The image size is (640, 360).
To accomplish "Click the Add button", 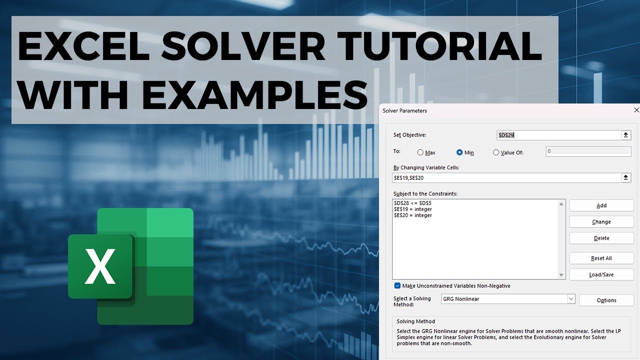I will (x=601, y=205).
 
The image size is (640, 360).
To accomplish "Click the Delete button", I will (x=601, y=238).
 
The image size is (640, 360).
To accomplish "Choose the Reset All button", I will (x=601, y=258).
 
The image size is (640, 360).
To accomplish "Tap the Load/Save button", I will (x=601, y=274).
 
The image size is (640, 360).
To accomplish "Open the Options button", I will (x=606, y=300).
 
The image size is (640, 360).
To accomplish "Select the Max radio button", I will (x=420, y=152).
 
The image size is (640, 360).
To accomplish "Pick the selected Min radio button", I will (x=459, y=152).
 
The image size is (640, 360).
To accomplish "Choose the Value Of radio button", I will (x=496, y=152).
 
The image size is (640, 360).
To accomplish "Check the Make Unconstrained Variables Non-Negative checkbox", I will (x=397, y=286).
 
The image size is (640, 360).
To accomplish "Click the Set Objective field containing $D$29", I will (x=557, y=135).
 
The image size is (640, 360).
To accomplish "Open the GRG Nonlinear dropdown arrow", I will (x=571, y=299).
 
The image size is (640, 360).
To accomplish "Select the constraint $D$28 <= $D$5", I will (x=412, y=203).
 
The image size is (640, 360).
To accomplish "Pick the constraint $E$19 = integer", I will (x=413, y=209).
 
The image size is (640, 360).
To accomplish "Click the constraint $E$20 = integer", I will (x=413, y=215).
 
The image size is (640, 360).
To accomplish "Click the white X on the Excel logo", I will (x=100, y=266).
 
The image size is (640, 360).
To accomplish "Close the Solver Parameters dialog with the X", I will (x=636, y=110).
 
